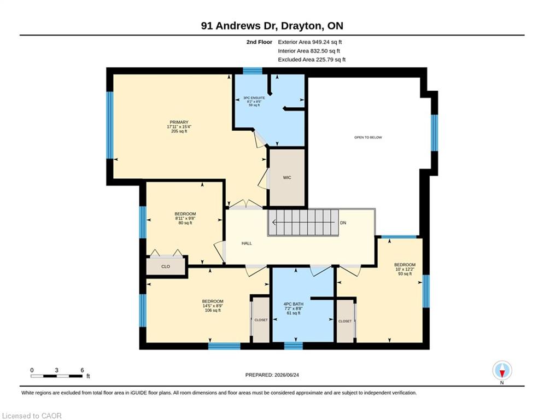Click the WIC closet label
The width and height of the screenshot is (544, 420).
tap(287, 178)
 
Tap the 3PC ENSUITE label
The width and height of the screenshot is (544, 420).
tap(254, 98)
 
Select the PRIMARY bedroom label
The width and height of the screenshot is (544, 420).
tap(179, 122)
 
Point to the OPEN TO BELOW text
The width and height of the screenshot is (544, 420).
tap(368, 137)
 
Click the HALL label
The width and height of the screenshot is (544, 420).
tap(247, 243)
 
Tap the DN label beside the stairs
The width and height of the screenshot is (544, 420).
tap(343, 223)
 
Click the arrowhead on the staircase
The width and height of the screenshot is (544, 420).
tap(274, 223)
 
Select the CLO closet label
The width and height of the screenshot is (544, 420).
tap(166, 266)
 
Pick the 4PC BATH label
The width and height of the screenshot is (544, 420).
tap(294, 304)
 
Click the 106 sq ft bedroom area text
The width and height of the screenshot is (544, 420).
tap(213, 310)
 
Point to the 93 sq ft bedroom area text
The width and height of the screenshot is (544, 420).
tap(405, 273)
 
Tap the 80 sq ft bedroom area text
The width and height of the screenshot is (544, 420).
tap(185, 223)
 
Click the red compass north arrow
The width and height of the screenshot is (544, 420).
tap(502, 374)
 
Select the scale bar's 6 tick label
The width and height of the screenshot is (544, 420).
tap(82, 370)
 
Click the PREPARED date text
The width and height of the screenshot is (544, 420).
tap(272, 375)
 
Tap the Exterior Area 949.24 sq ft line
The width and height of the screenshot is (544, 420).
tap(310, 42)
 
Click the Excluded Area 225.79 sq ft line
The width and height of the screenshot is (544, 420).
tap(312, 60)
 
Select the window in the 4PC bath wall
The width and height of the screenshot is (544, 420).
tap(294, 346)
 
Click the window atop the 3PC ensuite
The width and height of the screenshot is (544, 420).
tap(253, 71)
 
